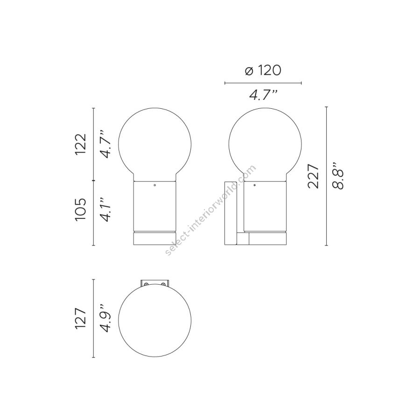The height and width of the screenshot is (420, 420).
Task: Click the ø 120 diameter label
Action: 263,70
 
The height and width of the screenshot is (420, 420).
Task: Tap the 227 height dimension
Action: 314,176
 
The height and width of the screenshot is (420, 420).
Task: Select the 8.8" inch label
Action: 337,176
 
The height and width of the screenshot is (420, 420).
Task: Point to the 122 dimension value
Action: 81,144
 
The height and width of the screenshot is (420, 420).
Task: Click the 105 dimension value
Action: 81,209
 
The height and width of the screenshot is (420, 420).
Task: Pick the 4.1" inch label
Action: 105,210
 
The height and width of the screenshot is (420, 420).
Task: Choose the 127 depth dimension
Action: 81,318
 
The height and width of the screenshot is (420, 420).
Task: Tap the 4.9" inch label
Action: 105,318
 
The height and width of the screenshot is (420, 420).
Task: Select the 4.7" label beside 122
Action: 105,144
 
